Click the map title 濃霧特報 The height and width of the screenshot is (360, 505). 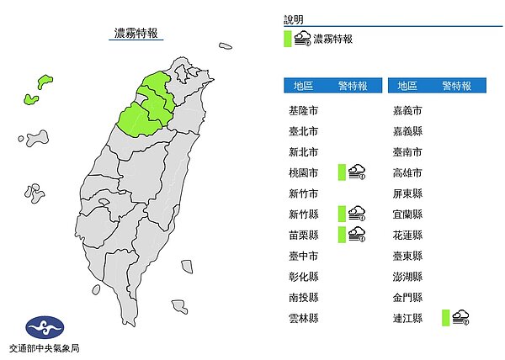(136, 34)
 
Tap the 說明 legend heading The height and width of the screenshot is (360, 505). (294, 19)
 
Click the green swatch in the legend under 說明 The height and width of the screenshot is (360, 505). (288, 39)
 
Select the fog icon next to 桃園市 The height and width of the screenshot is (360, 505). (357, 172)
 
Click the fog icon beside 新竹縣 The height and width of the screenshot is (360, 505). (357, 214)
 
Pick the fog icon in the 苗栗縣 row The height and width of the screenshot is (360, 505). (357, 234)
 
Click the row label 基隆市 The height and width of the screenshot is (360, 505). (302, 111)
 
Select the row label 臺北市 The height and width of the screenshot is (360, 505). (302, 132)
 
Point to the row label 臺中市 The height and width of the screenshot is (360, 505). (302, 256)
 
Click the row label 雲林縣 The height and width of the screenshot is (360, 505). (302, 317)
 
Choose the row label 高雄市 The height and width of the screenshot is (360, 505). (407, 173)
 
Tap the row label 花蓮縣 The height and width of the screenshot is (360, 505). (407, 235)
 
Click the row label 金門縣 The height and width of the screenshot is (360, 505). (407, 297)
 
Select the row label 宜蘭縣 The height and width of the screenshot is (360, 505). (407, 214)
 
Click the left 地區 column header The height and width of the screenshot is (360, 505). (303, 86)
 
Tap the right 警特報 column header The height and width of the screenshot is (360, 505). (456, 86)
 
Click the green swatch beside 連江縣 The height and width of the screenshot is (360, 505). (444, 317)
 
